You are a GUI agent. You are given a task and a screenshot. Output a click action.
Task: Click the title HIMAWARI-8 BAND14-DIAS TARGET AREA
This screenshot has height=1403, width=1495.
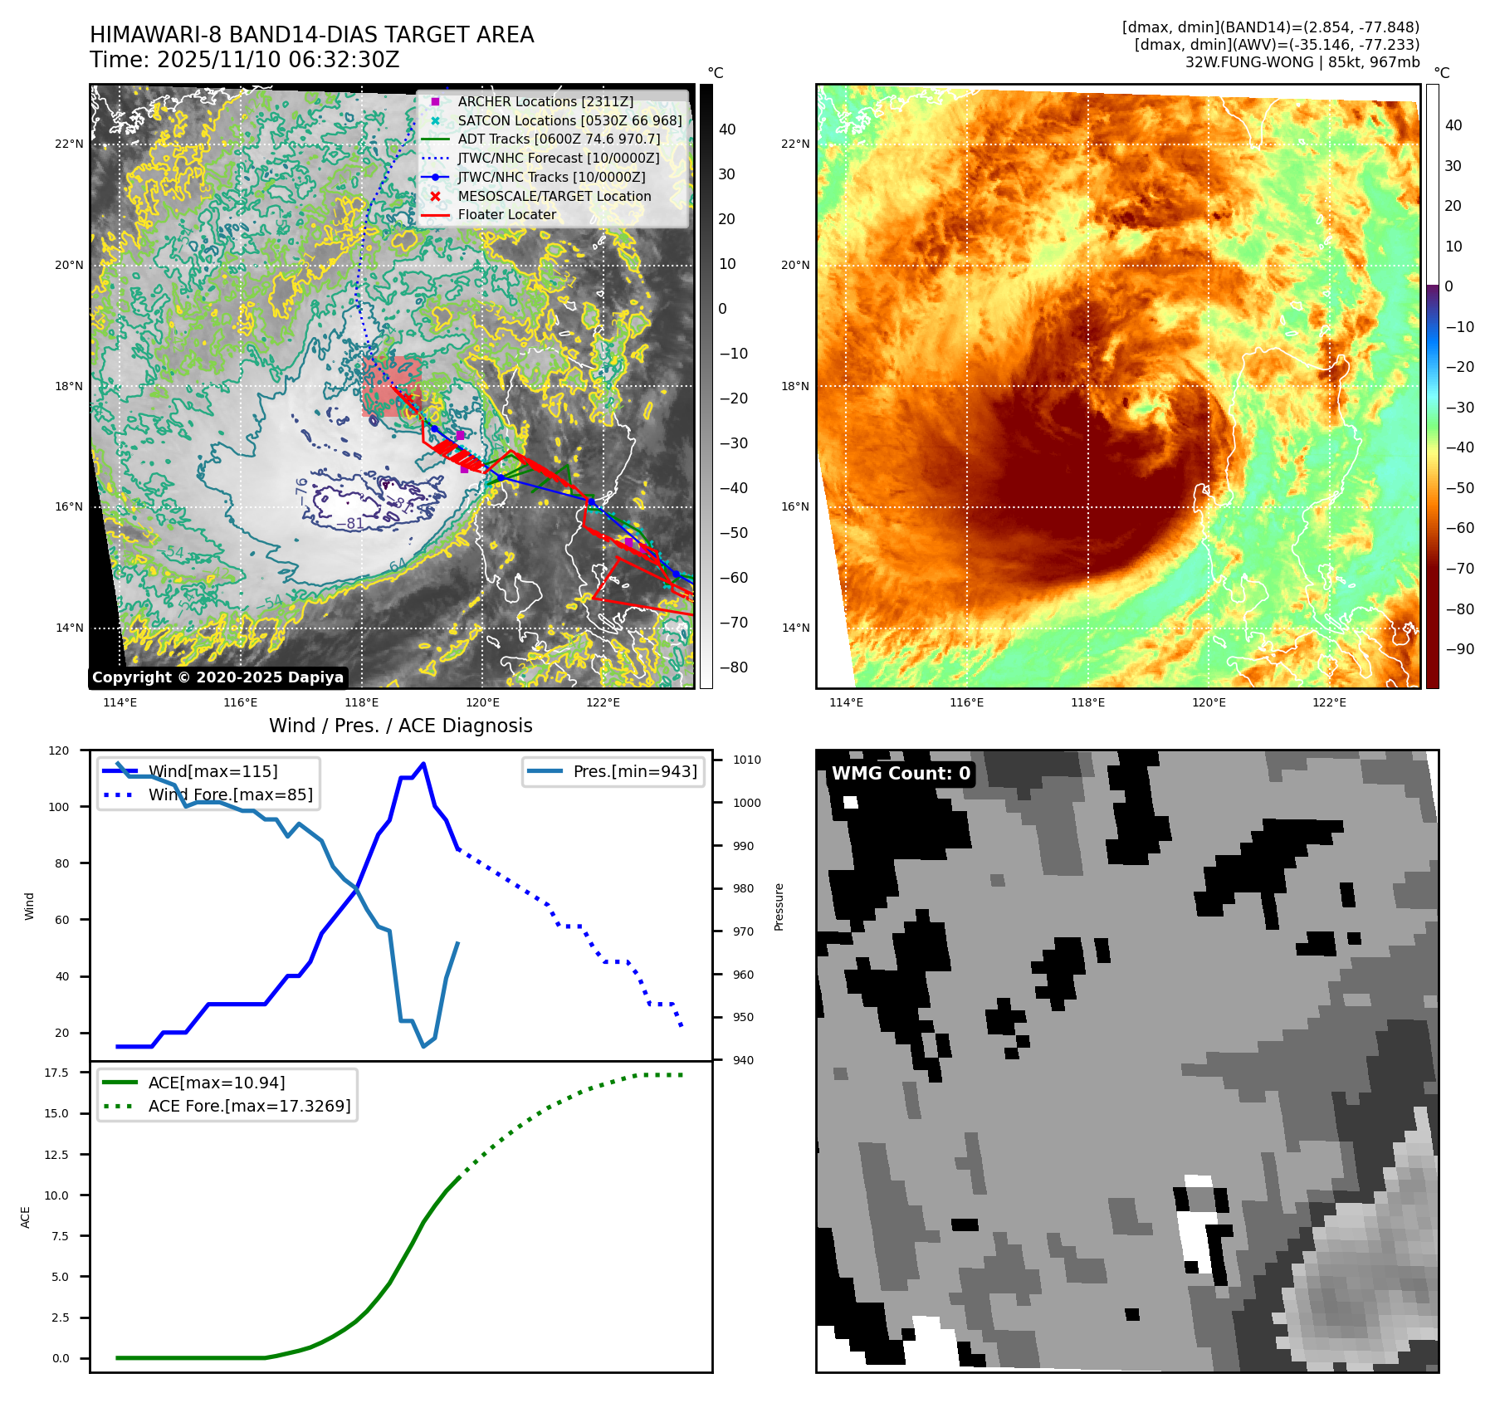[x=311, y=35]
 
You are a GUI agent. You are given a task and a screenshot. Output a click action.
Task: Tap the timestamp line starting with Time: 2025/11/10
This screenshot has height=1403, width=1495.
[x=245, y=61]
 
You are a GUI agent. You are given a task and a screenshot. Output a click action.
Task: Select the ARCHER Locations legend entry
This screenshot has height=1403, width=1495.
[x=545, y=101]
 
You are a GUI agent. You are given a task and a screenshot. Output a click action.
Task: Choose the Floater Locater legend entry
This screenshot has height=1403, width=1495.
[x=506, y=214]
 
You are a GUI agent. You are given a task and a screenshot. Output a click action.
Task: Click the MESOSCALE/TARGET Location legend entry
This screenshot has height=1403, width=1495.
[x=554, y=196]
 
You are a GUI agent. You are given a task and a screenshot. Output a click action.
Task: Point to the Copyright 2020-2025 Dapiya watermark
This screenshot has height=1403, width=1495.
[x=217, y=677]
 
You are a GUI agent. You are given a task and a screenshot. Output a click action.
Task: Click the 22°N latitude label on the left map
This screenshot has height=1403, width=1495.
[x=69, y=144]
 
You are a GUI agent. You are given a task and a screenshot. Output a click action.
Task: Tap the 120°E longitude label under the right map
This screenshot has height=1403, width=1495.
[x=1209, y=702]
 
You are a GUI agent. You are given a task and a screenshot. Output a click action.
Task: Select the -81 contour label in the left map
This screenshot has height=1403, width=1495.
[x=349, y=524]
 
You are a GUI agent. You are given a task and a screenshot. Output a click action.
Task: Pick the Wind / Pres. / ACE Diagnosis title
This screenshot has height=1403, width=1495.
[x=400, y=726]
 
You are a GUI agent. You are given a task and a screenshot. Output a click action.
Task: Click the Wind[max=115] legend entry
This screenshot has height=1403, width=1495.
[x=213, y=771]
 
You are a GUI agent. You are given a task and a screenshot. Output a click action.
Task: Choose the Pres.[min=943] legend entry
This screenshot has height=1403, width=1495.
[x=634, y=771]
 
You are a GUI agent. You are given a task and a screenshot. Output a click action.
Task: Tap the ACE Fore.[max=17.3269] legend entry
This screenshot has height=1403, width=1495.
[x=249, y=1106]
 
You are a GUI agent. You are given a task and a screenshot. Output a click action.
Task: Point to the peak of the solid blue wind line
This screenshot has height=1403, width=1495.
[x=423, y=764]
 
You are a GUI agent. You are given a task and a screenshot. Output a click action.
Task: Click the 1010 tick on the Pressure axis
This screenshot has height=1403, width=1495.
[x=746, y=760]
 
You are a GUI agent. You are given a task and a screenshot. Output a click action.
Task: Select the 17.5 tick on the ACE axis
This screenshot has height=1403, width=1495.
[x=56, y=1073]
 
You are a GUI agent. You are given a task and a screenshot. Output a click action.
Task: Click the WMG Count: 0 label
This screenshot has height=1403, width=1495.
[x=901, y=774]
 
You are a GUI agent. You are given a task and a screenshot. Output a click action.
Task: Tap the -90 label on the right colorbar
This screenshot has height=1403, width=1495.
[x=1459, y=649]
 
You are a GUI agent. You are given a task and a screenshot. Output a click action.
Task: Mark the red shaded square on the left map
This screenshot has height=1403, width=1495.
[x=391, y=386]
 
